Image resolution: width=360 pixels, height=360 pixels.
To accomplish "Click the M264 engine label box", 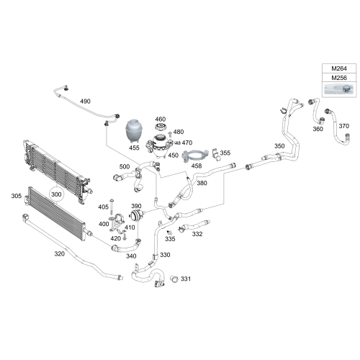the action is click(x=339, y=68).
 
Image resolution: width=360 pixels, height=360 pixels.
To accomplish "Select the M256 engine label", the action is click(x=339, y=78).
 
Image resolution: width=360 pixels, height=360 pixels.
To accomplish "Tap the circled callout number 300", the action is click(x=56, y=194).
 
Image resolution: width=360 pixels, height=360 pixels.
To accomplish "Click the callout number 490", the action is click(x=85, y=102).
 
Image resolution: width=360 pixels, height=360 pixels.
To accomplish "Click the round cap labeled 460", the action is click(x=161, y=127).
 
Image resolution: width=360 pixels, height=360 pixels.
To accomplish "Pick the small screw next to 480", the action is click(x=170, y=134).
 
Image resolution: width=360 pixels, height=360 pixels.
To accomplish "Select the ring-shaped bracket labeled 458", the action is click(x=192, y=156).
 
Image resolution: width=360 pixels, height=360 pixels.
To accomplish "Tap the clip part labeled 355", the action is click(x=216, y=155).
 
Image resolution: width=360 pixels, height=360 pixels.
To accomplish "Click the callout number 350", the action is click(x=279, y=146).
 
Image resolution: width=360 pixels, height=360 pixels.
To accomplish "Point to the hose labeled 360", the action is click(x=316, y=111).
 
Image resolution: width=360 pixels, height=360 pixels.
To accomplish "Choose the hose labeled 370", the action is click(x=338, y=127).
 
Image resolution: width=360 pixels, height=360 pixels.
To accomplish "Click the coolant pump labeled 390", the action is click(x=137, y=215).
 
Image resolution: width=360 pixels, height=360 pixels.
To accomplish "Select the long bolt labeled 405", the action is click(x=112, y=207).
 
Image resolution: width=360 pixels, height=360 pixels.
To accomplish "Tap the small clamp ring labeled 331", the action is click(x=174, y=279).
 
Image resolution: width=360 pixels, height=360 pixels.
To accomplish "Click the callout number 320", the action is click(x=59, y=253).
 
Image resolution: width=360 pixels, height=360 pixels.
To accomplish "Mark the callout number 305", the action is click(x=17, y=196).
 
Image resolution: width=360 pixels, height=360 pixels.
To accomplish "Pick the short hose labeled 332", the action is click(x=194, y=226).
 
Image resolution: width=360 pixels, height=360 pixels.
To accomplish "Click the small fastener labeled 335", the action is click(x=170, y=233).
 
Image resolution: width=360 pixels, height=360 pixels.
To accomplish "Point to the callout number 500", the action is click(x=125, y=166).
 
